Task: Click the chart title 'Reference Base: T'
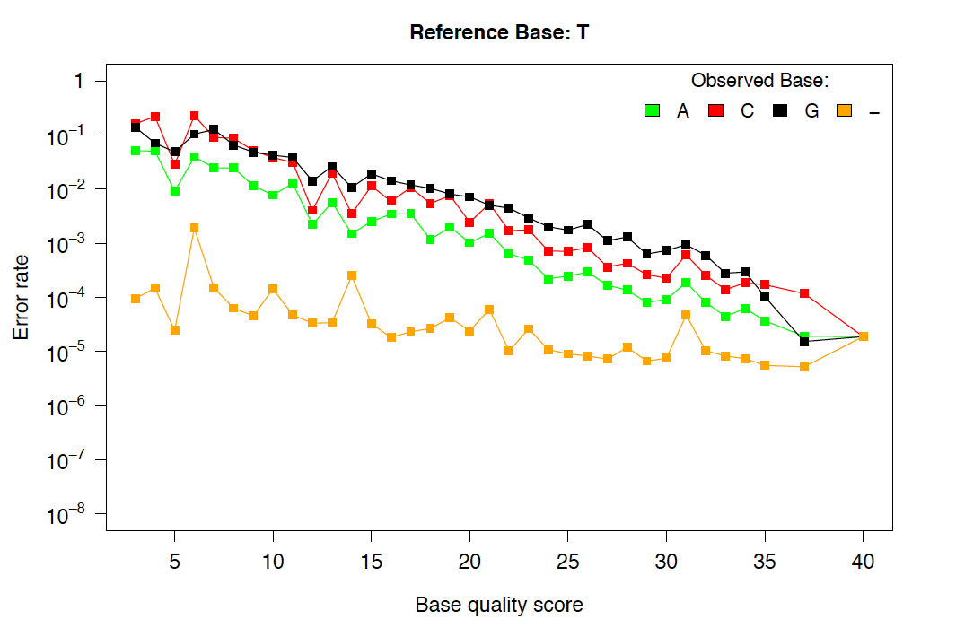point(498,33)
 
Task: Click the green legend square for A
point(653,110)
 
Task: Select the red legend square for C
point(716,110)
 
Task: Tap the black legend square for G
point(781,110)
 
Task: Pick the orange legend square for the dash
point(844,110)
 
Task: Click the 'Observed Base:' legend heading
point(759,81)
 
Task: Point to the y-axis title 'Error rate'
point(21,297)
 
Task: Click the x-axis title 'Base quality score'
point(499,605)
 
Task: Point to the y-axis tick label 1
point(79,82)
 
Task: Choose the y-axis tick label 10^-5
point(70,352)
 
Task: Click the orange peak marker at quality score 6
point(195,228)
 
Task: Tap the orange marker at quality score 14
point(352,275)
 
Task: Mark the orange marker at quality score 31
point(686,315)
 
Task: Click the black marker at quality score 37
point(804,342)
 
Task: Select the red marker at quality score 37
point(804,293)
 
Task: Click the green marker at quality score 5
point(175,191)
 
